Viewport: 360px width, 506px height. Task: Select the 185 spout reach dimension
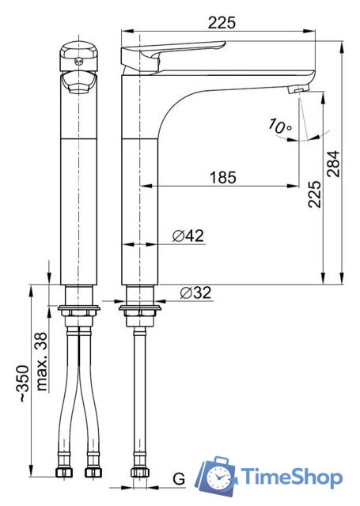tap(222, 178)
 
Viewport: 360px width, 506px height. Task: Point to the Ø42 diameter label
tap(188, 235)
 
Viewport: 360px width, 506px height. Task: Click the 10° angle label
tap(279, 126)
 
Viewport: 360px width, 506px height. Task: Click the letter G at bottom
tap(179, 479)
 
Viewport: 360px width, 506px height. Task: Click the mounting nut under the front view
tap(80, 309)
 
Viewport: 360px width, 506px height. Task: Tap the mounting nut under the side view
tap(139, 309)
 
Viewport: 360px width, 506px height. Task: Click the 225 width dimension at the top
tap(222, 23)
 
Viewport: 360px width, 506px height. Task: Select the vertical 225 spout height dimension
tap(314, 194)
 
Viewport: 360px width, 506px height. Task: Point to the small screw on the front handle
tap(79, 57)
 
